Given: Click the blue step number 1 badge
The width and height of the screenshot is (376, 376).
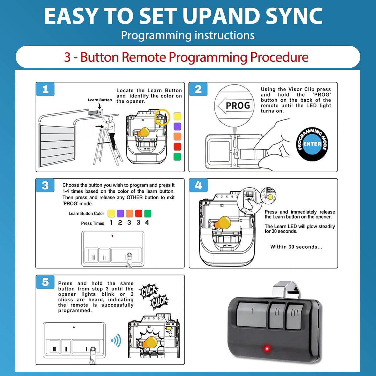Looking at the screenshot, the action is [x=45, y=89].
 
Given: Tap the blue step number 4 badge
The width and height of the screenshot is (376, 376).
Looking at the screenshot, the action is [x=198, y=185].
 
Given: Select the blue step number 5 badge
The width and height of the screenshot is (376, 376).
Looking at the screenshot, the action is [x=45, y=282].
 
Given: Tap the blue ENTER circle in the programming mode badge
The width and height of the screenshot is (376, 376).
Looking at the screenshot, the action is [x=312, y=144].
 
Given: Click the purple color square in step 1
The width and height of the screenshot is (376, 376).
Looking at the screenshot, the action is [x=177, y=127].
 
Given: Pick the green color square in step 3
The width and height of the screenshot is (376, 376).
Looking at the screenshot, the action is [x=148, y=213].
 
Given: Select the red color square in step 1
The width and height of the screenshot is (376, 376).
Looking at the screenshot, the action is [x=177, y=147].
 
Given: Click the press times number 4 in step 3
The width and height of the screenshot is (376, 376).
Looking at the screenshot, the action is [x=147, y=222].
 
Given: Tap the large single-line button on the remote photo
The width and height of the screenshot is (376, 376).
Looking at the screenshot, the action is [x=252, y=314].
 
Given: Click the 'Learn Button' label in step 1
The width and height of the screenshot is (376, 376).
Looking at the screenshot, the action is [x=100, y=100].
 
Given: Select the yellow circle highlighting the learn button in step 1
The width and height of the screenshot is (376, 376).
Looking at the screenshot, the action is [x=162, y=117].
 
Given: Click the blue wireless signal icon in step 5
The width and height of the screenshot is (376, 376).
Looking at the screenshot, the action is [x=116, y=341].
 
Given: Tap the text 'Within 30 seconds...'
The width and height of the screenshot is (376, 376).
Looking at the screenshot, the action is [x=296, y=247].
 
